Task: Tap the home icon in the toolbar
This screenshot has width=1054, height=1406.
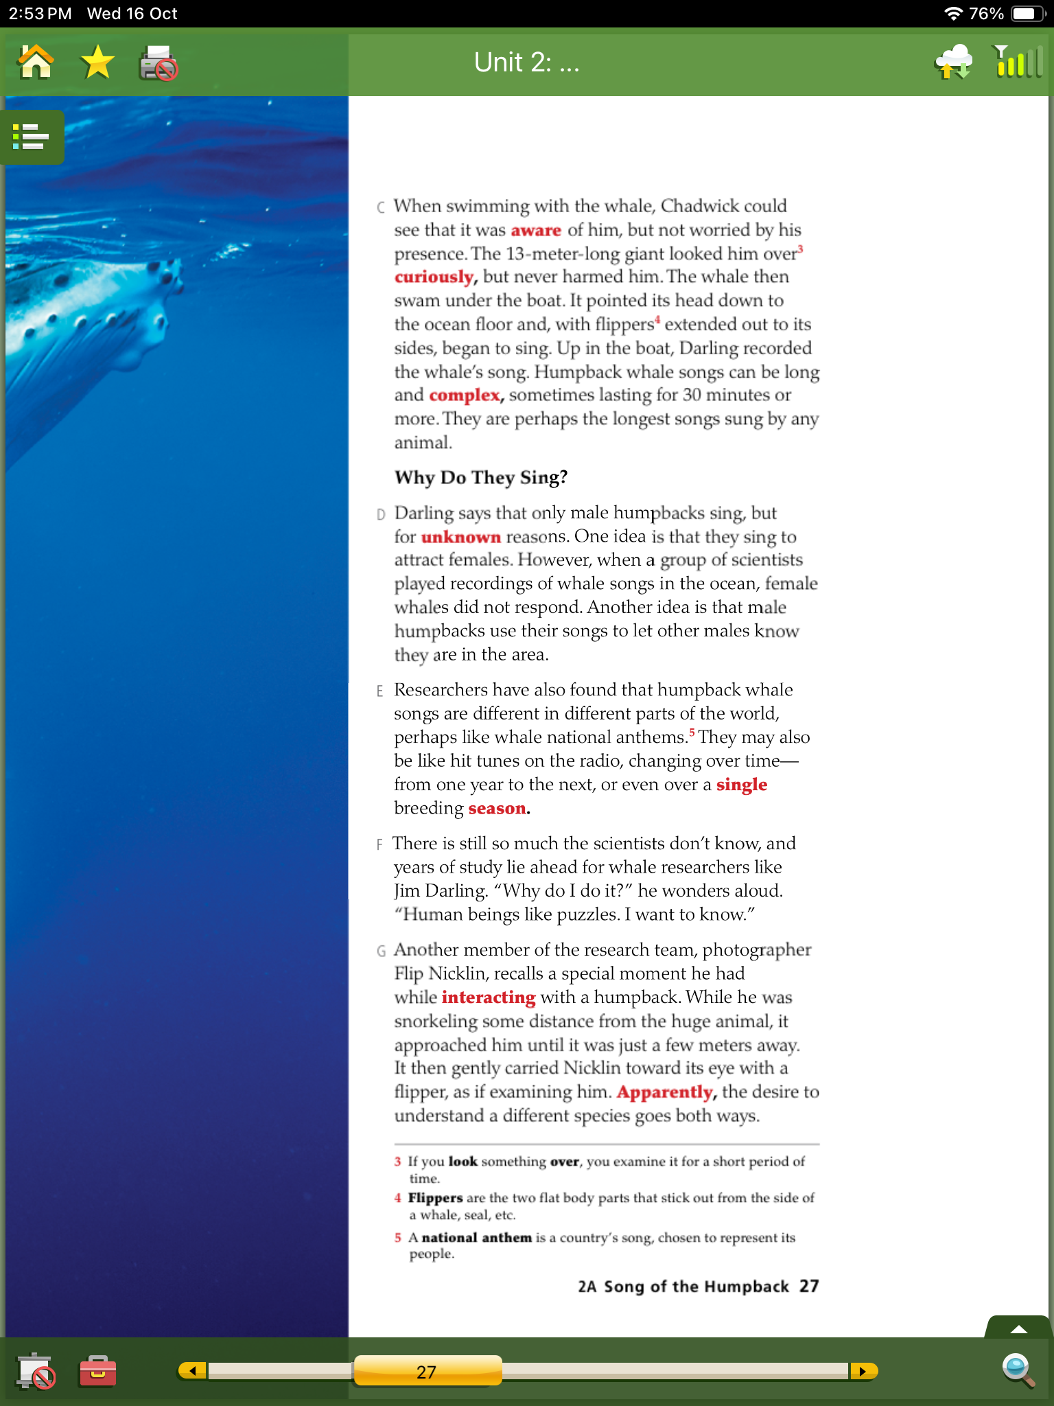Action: [x=36, y=62]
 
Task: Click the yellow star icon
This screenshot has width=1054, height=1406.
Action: [x=97, y=62]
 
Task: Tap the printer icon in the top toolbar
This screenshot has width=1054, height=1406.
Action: [x=159, y=64]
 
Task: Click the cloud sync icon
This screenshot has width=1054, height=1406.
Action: [x=954, y=62]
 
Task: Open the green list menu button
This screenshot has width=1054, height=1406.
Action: [x=32, y=137]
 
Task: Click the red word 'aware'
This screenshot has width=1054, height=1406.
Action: [x=536, y=231]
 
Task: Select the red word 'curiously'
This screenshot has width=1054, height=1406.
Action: [x=434, y=277]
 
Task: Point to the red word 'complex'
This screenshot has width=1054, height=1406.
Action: [x=465, y=395]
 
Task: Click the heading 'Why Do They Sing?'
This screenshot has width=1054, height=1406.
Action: [x=481, y=478]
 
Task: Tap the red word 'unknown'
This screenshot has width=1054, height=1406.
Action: [x=461, y=537]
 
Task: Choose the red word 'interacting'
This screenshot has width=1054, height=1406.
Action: [x=489, y=998]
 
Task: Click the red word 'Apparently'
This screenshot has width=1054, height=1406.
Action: [x=665, y=1092]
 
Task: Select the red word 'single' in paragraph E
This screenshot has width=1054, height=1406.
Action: [x=742, y=785]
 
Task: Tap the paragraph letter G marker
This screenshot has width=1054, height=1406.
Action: [x=381, y=951]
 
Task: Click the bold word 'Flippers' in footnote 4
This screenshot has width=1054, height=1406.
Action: [x=435, y=1198]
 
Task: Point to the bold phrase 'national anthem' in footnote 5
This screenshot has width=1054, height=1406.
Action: [x=477, y=1238]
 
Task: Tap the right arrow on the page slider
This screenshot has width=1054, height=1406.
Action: [x=863, y=1371]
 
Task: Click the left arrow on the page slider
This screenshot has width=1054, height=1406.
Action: [x=193, y=1371]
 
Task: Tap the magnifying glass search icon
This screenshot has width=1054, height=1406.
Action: [x=1017, y=1370]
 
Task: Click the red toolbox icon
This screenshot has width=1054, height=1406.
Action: [x=97, y=1371]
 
